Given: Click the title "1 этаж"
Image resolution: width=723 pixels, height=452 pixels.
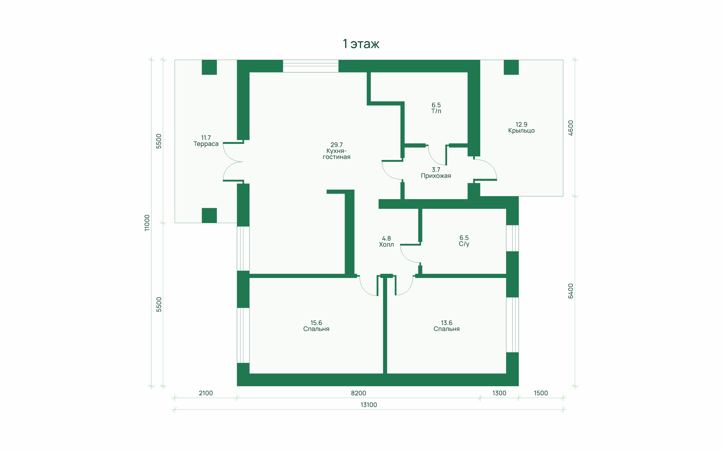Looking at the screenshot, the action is click(x=361, y=44).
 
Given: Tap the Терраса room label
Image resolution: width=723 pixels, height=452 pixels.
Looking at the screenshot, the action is click(x=206, y=141).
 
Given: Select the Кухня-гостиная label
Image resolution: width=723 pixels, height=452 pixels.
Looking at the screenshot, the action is click(x=336, y=151).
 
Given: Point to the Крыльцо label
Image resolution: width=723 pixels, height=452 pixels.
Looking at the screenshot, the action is click(x=521, y=127).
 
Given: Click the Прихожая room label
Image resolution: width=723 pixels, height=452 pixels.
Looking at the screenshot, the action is click(x=436, y=173).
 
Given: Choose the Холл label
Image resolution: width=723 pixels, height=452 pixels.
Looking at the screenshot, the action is click(x=386, y=241).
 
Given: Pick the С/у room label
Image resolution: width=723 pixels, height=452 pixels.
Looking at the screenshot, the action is click(x=464, y=241).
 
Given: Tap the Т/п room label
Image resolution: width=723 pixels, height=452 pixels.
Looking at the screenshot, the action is click(x=436, y=108).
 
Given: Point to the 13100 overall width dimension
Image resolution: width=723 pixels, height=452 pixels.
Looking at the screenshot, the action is click(x=369, y=405).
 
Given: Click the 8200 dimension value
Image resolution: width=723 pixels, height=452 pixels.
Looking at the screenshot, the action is click(x=358, y=393).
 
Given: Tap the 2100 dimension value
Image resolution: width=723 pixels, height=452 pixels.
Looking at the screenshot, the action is click(x=206, y=393).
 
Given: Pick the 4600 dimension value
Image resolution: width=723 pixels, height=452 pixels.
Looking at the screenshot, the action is click(x=571, y=128).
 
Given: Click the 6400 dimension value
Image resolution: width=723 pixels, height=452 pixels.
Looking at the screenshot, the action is click(x=571, y=291).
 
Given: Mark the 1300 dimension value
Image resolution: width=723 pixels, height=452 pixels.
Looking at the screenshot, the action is click(x=499, y=393).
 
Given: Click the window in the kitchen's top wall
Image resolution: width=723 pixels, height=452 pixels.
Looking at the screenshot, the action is click(x=311, y=66).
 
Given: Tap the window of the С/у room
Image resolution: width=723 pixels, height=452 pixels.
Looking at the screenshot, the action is click(x=512, y=238).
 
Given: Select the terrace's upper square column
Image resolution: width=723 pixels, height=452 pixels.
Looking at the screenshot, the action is click(x=209, y=67).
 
